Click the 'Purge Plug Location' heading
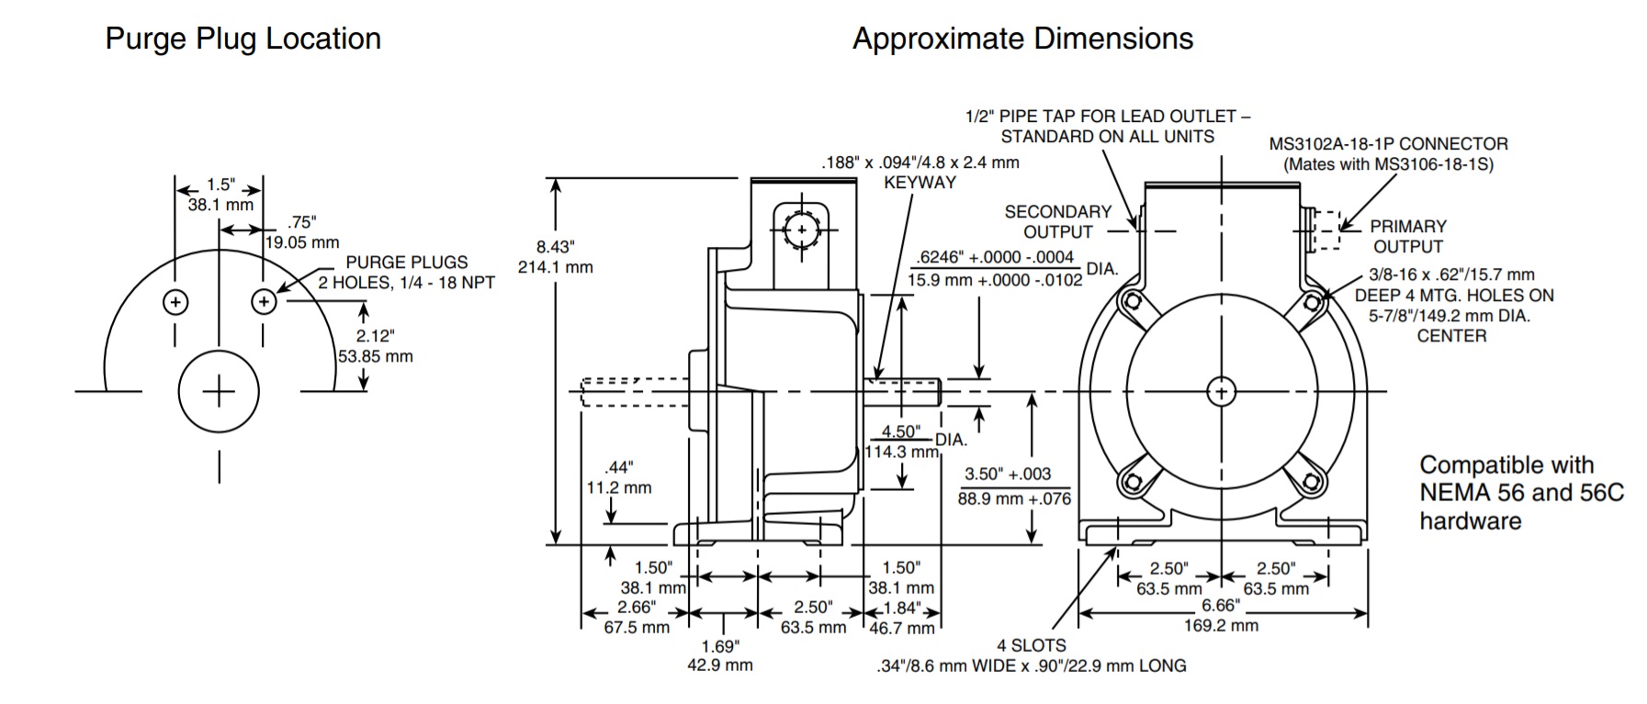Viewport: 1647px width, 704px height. pos(243,39)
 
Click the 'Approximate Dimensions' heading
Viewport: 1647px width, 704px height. pos(1022,39)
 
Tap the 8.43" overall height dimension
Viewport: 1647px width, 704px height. pos(555,246)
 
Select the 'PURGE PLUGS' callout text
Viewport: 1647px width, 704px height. pos(406,263)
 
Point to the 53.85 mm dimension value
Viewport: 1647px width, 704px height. pos(375,356)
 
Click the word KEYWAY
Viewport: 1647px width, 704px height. pos(919,182)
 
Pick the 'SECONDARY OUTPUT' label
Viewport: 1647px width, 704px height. pos(1057,222)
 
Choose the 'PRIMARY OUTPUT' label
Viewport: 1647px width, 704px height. pos(1407,236)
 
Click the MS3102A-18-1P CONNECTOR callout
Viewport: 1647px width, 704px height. pos(1388,144)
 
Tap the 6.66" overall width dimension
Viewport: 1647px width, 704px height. pos(1221,606)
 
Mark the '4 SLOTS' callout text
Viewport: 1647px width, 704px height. pos(1032,645)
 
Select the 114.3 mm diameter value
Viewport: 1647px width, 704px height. pos(901,452)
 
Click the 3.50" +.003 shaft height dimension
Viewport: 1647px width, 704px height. pos(1008,475)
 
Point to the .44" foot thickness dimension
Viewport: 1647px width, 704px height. pos(618,468)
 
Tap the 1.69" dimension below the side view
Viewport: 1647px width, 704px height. pos(719,646)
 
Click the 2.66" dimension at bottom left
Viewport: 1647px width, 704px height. pos(637,608)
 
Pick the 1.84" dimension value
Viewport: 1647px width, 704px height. pos(901,608)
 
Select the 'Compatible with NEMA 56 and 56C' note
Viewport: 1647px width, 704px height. pos(1521,479)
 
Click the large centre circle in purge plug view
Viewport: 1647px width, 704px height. pos(219,392)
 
